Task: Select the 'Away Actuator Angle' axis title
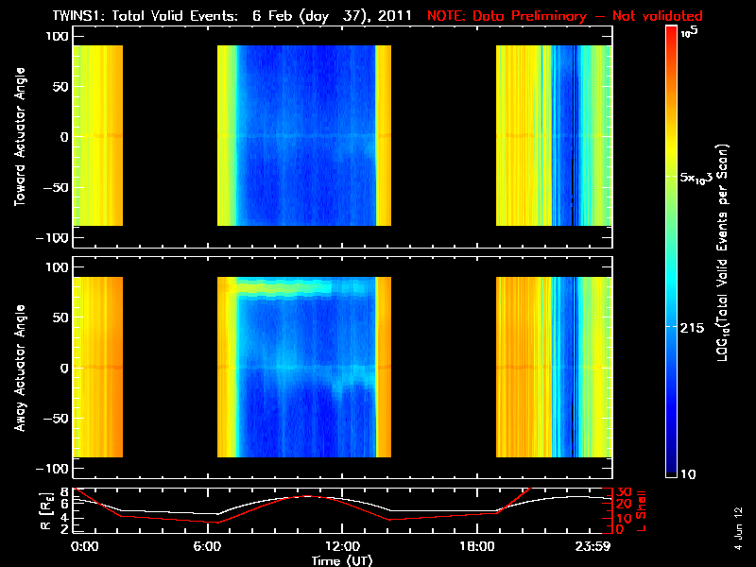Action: (19, 368)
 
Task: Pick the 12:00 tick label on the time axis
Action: (341, 546)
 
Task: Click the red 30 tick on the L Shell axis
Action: (624, 492)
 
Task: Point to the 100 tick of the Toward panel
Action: (59, 35)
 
